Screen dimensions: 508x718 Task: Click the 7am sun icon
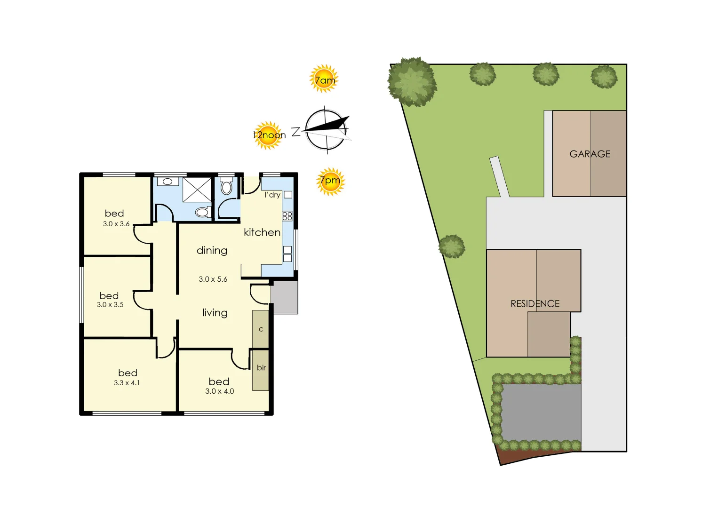click(x=324, y=79)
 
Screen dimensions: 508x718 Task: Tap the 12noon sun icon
click(x=268, y=135)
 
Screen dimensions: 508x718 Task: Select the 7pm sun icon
click(x=330, y=181)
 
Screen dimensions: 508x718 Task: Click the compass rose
click(x=327, y=130)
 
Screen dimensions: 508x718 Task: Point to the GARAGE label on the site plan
click(x=590, y=154)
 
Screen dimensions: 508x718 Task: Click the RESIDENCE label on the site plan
click(x=535, y=304)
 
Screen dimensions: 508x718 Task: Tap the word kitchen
click(x=262, y=232)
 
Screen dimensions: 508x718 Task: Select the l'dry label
click(x=272, y=195)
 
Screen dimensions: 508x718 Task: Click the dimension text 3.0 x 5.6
click(x=213, y=279)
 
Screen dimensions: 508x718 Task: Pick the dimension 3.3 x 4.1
click(x=127, y=383)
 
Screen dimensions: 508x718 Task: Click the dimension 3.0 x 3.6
click(x=116, y=224)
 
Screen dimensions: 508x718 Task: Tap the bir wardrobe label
click(x=261, y=368)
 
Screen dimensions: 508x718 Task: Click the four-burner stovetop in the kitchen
click(x=287, y=216)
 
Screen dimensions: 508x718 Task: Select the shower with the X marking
click(x=197, y=190)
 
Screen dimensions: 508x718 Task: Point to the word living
click(x=215, y=313)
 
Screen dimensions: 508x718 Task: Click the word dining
click(x=212, y=251)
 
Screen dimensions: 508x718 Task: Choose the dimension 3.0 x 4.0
click(x=219, y=391)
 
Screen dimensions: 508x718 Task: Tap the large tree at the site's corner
click(x=412, y=82)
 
